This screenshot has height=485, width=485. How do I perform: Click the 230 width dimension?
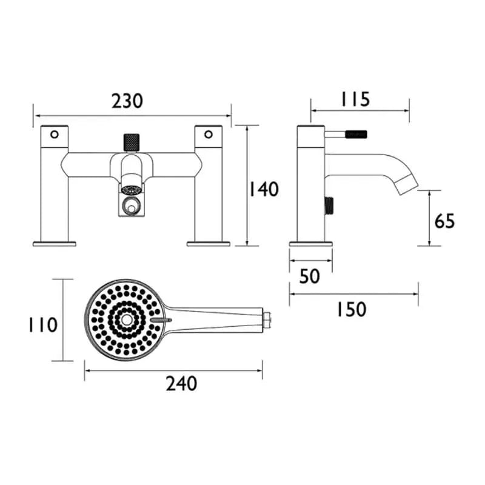[x=127, y=101]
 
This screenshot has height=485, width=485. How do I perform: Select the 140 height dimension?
[x=264, y=189]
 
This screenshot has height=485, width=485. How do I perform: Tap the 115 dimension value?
[x=355, y=99]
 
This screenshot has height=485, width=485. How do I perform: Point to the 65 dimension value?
[x=444, y=221]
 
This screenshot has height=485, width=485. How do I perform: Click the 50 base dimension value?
[x=310, y=276]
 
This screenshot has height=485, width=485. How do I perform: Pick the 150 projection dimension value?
[x=351, y=309]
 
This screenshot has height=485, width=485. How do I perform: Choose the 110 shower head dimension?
[x=43, y=325]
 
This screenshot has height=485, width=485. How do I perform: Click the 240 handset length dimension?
[x=181, y=384]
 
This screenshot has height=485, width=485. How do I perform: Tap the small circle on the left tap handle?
[x=55, y=135]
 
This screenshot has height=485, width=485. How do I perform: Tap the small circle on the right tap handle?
[x=209, y=135]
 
